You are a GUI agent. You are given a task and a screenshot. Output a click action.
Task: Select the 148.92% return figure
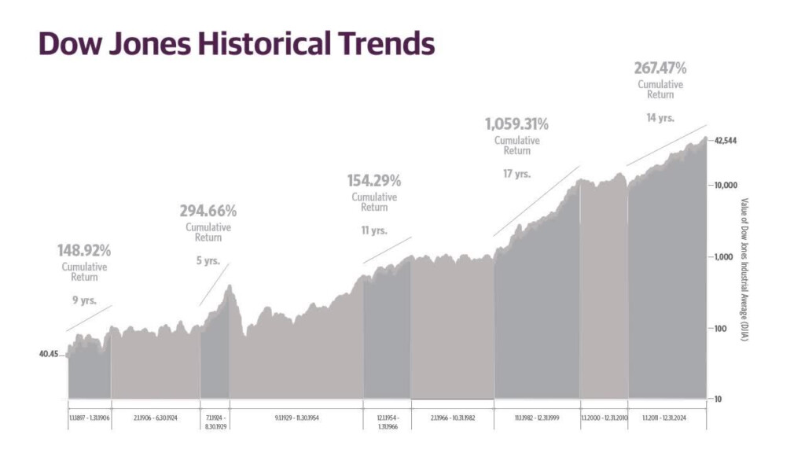84,251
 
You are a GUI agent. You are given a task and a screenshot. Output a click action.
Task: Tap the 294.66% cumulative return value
208,211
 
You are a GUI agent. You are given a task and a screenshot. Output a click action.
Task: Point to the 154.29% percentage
374,181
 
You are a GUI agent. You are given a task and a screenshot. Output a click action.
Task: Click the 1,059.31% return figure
516,124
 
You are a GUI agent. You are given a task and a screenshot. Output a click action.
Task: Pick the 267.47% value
660,68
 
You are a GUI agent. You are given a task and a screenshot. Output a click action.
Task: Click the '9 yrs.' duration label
84,300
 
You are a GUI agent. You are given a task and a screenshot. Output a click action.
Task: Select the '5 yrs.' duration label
208,261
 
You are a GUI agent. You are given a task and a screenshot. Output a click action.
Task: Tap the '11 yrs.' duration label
374,230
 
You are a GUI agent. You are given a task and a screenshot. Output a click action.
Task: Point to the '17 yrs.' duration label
516,174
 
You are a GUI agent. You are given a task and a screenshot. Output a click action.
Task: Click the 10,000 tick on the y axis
724,186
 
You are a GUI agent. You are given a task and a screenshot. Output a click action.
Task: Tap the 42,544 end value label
726,141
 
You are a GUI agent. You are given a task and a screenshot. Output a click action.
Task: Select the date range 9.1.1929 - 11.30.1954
294,417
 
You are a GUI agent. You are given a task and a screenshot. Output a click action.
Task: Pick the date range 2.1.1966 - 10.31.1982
452,417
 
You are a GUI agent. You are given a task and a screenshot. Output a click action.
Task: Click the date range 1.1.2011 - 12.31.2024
666,417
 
